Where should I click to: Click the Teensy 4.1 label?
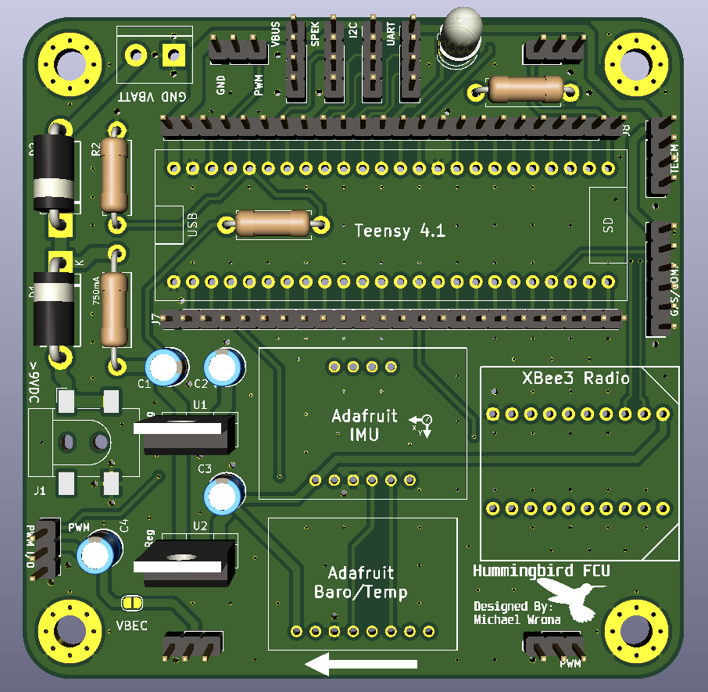[399, 231]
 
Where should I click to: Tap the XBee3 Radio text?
[575, 378]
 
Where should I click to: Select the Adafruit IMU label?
[364, 425]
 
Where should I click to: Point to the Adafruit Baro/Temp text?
[360, 583]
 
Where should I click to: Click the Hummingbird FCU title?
[541, 571]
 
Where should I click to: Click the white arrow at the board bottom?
[360, 665]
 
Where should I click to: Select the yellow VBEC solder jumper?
[131, 602]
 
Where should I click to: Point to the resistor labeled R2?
[115, 175]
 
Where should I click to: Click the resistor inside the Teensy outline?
[274, 224]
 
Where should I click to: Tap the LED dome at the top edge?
[462, 31]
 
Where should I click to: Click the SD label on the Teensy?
[608, 224]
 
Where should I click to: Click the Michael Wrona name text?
[517, 620]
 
